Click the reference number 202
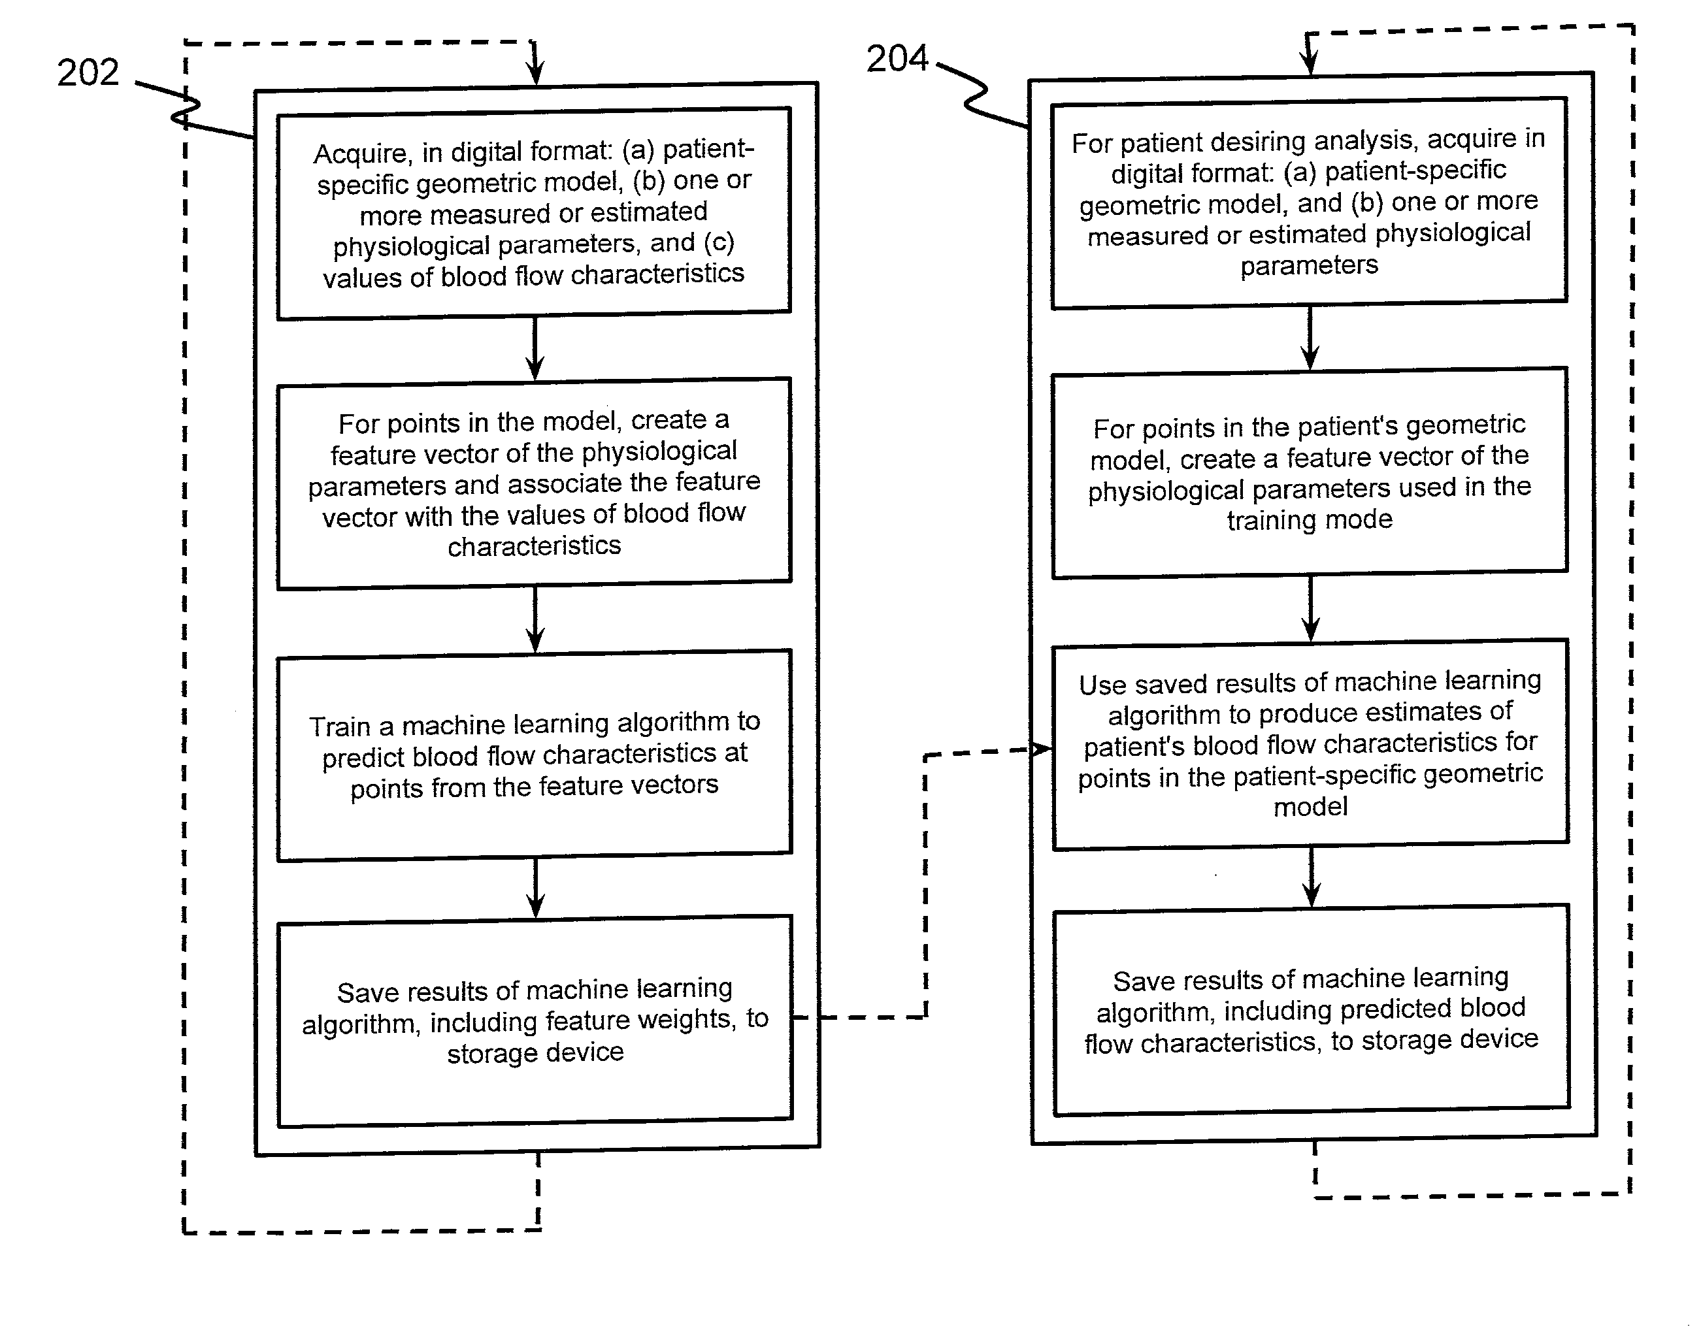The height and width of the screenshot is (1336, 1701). [x=88, y=73]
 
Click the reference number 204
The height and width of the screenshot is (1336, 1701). [x=897, y=59]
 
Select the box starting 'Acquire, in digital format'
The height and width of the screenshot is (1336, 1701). [x=535, y=214]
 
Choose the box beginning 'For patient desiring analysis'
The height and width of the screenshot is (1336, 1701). [x=1309, y=203]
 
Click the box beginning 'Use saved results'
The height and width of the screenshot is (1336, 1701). [x=1311, y=745]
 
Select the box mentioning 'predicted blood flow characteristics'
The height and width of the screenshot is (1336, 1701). [x=1312, y=1011]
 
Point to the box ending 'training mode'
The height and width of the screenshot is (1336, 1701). [x=1310, y=473]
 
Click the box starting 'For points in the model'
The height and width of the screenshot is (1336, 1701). [x=535, y=484]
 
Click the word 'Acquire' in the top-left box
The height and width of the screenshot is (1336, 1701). [x=361, y=154]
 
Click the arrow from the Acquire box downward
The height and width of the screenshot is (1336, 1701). [x=535, y=349]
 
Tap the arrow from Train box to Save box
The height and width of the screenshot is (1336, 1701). [x=535, y=888]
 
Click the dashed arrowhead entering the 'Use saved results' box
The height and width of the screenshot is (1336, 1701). [x=1040, y=749]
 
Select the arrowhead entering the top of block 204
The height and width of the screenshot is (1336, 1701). [x=1311, y=64]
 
